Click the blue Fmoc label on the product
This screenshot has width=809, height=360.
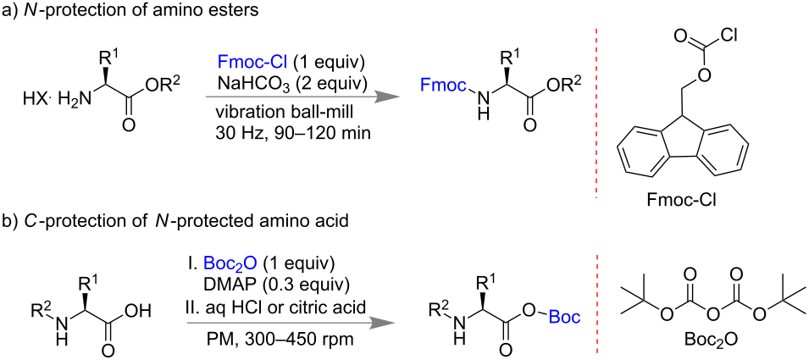click(x=443, y=84)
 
